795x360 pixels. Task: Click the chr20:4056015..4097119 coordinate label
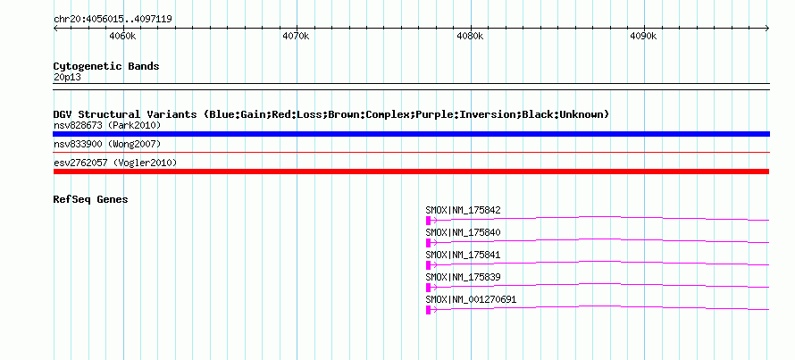(113, 20)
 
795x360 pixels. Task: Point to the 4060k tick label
(122, 36)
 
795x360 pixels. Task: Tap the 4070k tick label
(296, 36)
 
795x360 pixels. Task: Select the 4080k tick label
(470, 36)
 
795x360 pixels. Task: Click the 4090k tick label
(643, 36)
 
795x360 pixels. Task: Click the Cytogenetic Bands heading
(106, 66)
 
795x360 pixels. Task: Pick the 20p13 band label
(67, 78)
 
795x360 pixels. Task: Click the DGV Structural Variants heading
(331, 114)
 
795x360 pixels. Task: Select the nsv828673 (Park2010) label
(107, 125)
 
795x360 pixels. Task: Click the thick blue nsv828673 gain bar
(411, 134)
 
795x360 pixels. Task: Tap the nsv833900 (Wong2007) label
(107, 145)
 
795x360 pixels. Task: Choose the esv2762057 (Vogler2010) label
(115, 163)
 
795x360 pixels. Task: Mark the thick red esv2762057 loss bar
(411, 172)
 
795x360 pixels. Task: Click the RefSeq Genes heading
(91, 199)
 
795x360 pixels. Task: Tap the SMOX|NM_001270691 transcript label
(471, 299)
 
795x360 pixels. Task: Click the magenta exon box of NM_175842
(429, 220)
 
